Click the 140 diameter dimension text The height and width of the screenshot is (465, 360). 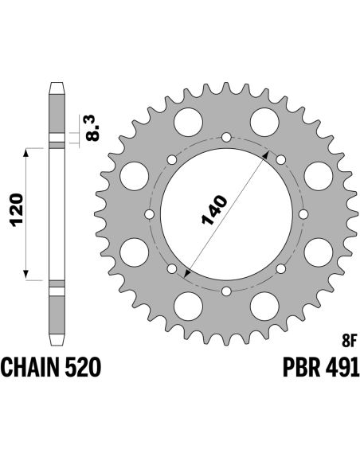pos(214,209)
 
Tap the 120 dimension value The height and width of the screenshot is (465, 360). pos(17,210)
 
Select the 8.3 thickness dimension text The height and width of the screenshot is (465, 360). pos(92,128)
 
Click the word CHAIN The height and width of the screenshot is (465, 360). pos(31,367)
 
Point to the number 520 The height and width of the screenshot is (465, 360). pos(84,367)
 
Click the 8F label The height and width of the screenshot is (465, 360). pos(348,342)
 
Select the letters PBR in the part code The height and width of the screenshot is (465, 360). pos(302,367)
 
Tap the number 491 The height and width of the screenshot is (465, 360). pos(342,367)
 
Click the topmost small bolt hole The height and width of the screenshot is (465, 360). pos(226,137)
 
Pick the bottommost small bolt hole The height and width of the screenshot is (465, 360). pos(226,291)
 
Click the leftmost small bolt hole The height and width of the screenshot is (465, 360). pos(150,214)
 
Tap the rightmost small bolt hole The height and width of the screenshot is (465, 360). pos(303,214)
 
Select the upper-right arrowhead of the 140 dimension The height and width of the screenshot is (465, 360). pos(267,154)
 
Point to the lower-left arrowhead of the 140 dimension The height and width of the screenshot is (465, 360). pos(186,274)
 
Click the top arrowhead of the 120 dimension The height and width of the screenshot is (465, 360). pos(26,152)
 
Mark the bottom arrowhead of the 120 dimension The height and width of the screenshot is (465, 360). pos(26,275)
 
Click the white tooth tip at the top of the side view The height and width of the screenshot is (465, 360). pos(57,88)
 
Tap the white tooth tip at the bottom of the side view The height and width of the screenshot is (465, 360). pos(57,339)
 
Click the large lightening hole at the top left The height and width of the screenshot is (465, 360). pos(188,122)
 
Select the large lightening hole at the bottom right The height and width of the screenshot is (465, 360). pos(319,252)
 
